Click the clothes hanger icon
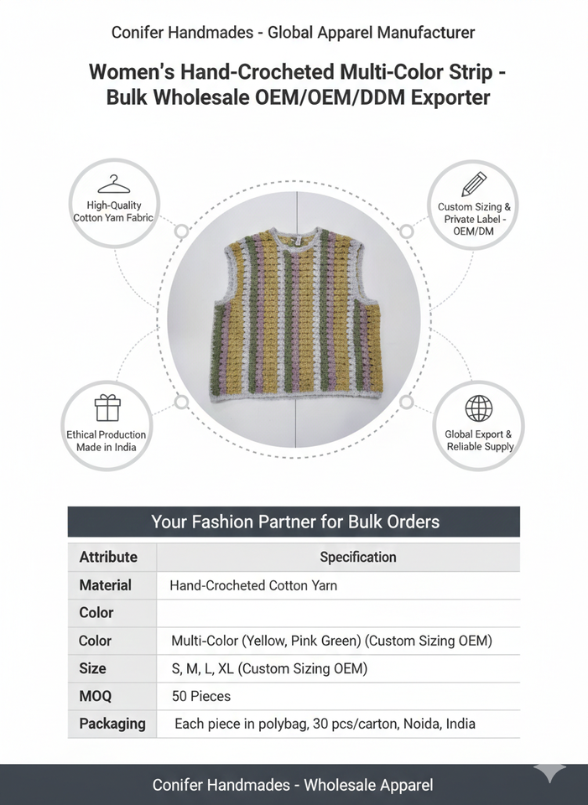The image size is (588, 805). click(113, 184)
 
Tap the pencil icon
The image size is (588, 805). click(474, 184)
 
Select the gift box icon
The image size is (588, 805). click(107, 408)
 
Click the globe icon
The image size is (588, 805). click(479, 408)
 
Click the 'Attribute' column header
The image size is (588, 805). click(108, 557)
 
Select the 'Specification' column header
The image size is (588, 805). click(358, 557)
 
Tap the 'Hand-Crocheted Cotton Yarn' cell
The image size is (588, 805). click(253, 585)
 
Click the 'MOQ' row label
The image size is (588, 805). click(96, 696)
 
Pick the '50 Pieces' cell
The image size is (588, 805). click(200, 696)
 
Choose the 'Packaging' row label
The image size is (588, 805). click(112, 723)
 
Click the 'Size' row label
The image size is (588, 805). click(93, 668)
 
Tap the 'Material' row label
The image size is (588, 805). click(106, 585)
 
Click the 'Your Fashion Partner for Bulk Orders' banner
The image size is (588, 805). click(294, 522)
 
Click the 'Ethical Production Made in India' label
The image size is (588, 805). click(107, 440)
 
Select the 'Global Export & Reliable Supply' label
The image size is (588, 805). click(479, 440)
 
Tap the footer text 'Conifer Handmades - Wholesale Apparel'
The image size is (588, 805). click(293, 785)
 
